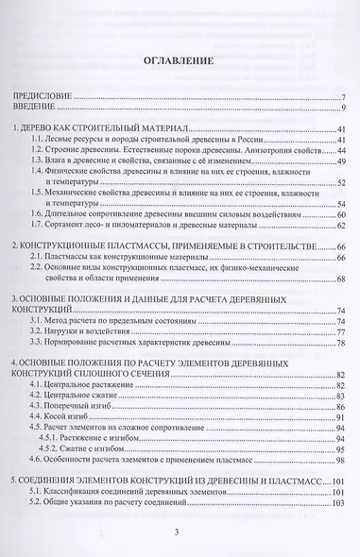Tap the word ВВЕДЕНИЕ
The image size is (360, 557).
(31, 109)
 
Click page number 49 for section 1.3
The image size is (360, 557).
(340, 161)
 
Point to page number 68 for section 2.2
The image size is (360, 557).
(340, 279)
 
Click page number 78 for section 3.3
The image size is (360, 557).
(340, 344)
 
